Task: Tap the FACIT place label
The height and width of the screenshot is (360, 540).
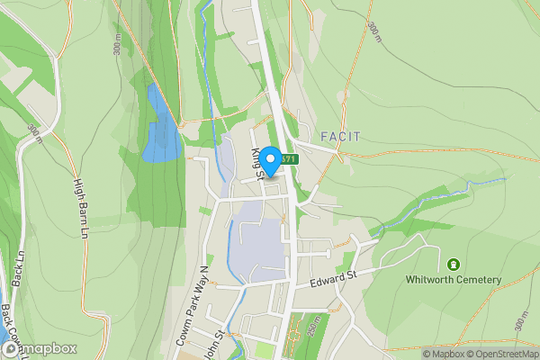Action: click(340, 137)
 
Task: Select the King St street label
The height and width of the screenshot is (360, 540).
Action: click(258, 162)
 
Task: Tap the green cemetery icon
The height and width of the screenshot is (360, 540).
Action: click(452, 265)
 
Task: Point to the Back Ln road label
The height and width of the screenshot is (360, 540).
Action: click(17, 268)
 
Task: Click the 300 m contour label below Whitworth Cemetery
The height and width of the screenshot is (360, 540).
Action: click(521, 318)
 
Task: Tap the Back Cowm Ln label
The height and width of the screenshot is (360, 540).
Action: click(8, 323)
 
